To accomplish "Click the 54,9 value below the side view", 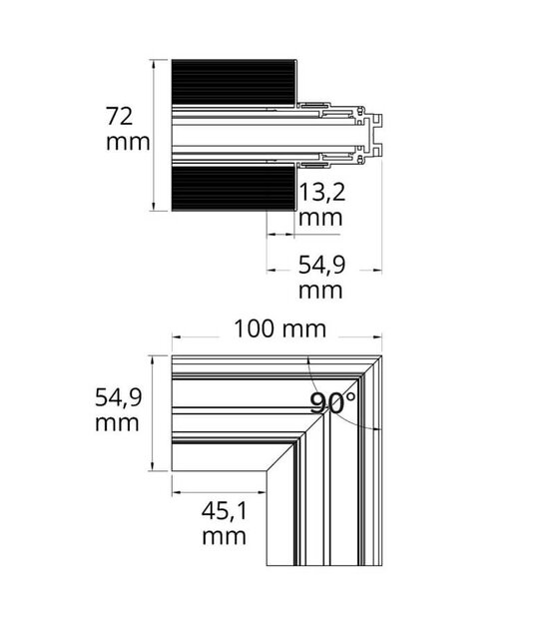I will [x=322, y=265].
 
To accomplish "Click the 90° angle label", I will [x=331, y=403].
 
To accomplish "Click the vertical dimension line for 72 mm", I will [x=155, y=135].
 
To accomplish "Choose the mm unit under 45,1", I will [x=224, y=538].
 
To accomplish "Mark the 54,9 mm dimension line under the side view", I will [x=324, y=268].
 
